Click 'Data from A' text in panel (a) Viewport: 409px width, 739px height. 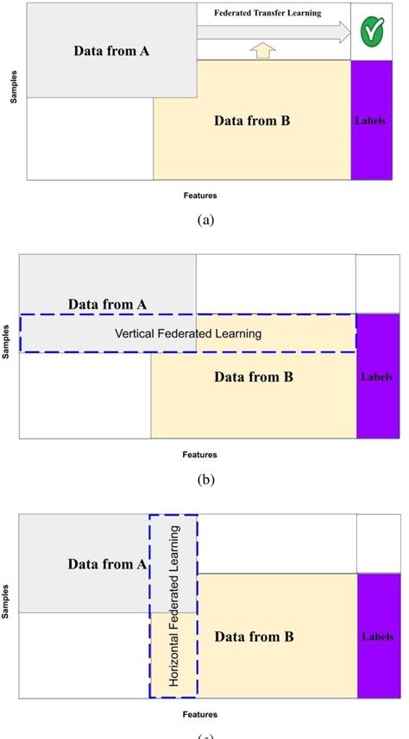click(112, 51)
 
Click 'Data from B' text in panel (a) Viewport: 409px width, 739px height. click(252, 121)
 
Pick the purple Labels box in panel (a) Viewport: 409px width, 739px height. click(370, 121)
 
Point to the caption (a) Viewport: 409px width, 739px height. click(205, 220)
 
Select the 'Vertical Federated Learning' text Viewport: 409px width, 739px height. click(187, 333)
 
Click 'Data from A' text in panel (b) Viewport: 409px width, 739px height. click(108, 304)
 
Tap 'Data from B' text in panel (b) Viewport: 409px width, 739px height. click(254, 376)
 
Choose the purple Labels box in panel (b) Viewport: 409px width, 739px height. click(377, 376)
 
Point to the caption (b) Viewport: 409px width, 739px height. click(205, 481)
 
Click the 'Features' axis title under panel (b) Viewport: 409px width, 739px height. click(199, 455)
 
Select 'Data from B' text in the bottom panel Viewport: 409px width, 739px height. click(254, 637)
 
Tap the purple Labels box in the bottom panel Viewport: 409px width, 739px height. click(377, 636)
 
